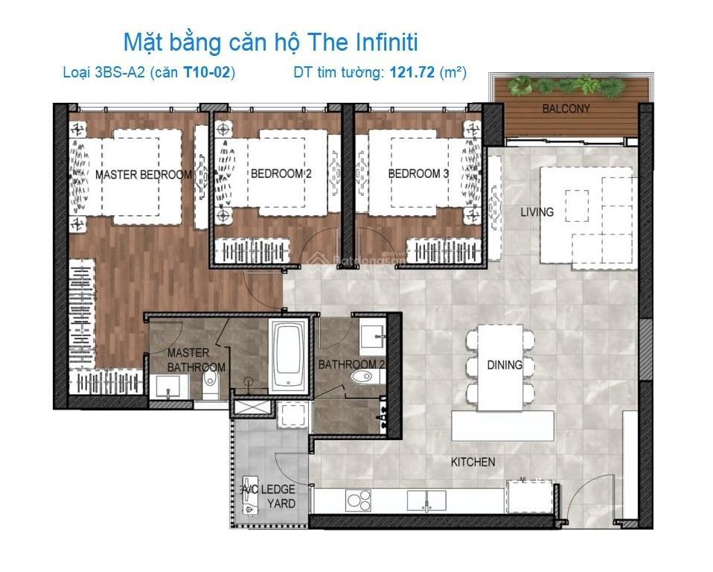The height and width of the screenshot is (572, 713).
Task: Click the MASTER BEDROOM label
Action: tap(143, 174)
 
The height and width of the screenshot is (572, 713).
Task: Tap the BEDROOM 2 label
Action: tap(281, 174)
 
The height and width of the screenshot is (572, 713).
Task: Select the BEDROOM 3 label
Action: tap(418, 174)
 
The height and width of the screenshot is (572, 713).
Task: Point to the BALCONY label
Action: tap(566, 108)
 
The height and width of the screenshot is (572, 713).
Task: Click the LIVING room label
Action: tap(537, 212)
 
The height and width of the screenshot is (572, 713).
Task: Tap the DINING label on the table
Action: tap(505, 364)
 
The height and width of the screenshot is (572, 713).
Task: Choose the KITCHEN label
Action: tap(473, 462)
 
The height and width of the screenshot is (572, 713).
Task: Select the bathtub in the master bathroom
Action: tap(288, 356)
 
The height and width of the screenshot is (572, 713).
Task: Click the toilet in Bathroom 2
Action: tap(366, 377)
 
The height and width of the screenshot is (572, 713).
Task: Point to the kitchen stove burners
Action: tap(358, 500)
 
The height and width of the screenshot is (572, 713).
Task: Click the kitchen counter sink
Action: tap(426, 500)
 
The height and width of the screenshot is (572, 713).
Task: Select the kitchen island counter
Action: tap(502, 425)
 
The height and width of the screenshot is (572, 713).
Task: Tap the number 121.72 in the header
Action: tap(412, 72)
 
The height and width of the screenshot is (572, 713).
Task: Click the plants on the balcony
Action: tap(566, 86)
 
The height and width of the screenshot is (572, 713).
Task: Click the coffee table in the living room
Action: tap(577, 206)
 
